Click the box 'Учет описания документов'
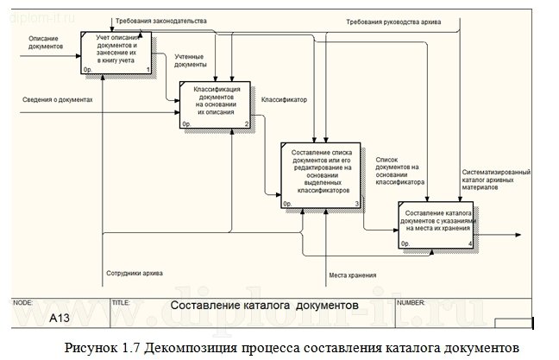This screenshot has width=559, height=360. (x=116, y=53)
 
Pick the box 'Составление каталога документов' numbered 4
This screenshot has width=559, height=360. (x=435, y=225)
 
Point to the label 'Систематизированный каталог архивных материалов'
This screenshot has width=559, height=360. (x=495, y=179)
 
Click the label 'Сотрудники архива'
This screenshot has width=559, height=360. (x=133, y=272)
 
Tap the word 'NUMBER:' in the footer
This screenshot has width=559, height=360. (x=411, y=302)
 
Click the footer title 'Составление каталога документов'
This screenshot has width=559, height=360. (x=263, y=306)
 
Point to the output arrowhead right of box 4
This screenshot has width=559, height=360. (x=518, y=234)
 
